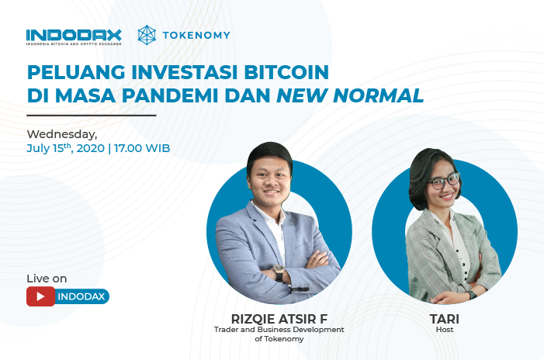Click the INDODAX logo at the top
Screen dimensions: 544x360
pos(74,37)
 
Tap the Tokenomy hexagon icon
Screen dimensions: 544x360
pos(147,35)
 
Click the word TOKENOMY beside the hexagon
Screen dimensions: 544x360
pos(196,36)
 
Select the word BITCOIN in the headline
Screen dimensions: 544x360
pos(286,72)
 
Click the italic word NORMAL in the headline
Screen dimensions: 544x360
pos(378,95)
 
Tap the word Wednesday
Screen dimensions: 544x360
pos(62,134)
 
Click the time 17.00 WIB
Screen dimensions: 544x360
pos(142,148)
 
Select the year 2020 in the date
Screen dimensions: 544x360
pos(91,148)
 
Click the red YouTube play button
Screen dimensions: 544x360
pos(40,296)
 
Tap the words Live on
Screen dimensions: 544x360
pos(47,279)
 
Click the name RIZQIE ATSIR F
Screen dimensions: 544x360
pos(279,319)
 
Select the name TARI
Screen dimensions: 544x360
pos(445,319)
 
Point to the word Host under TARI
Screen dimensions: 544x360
pos(445,330)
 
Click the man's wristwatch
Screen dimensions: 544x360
pos(279,272)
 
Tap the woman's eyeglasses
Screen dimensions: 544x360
pos(445,181)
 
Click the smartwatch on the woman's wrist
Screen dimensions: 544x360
pos(471,295)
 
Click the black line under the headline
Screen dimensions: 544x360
pos(92,115)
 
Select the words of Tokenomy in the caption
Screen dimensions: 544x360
pos(279,339)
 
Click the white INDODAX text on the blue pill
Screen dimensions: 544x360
pos(81,296)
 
